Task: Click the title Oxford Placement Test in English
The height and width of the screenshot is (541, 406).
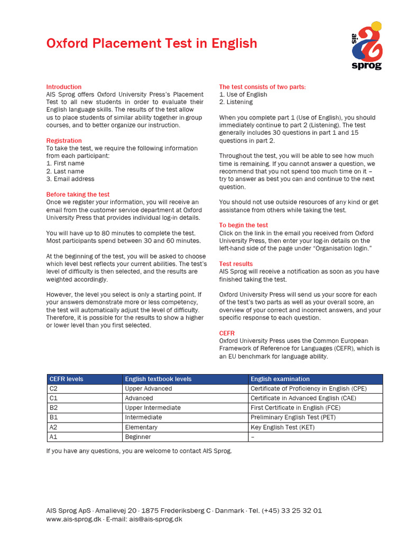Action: tap(152, 43)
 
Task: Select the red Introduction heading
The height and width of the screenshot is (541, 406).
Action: tap(64, 87)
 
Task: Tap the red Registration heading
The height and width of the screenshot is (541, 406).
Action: tap(64, 141)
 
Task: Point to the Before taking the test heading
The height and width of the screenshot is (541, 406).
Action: tap(78, 194)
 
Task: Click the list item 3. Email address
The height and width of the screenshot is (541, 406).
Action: tap(70, 179)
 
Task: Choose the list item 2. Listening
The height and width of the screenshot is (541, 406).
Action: tap(236, 102)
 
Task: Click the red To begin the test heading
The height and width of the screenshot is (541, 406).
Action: tap(243, 225)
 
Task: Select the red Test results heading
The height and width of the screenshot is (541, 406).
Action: tap(236, 264)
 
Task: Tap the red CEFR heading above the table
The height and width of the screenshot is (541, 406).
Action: tap(227, 333)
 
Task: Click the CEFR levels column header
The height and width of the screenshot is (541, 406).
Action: tap(66, 379)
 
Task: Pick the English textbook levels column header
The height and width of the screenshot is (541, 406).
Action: tap(158, 379)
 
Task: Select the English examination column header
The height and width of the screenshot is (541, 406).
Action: tap(280, 379)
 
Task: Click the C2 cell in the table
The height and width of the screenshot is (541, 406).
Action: tap(53, 388)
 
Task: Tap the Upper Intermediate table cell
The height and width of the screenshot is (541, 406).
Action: tap(153, 408)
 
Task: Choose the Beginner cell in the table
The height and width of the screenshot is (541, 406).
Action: tap(138, 437)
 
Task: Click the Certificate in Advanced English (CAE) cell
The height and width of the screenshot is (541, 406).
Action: tap(295, 398)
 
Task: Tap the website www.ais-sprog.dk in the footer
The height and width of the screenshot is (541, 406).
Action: tap(73, 519)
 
